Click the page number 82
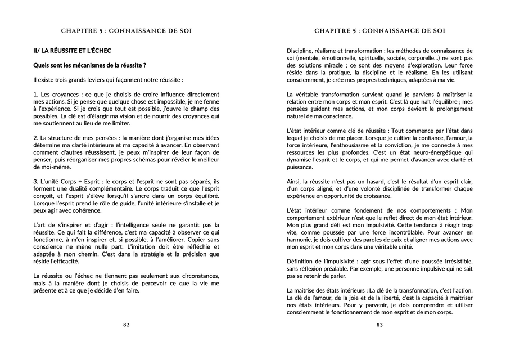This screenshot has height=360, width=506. click(x=126, y=325)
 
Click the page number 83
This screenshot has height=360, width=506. click(x=379, y=325)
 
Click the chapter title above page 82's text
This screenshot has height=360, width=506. click(x=126, y=30)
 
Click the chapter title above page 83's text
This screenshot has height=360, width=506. click(x=379, y=30)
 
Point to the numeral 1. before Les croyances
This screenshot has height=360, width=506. click(x=36, y=93)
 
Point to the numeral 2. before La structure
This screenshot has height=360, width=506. click(x=36, y=137)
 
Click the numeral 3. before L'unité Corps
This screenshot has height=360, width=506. click(x=36, y=181)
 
